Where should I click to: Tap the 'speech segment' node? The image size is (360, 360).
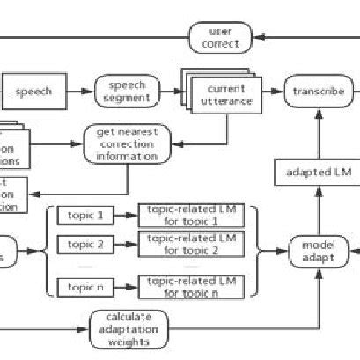coord(126,91)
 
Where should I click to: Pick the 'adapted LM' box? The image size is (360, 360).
coord(320,173)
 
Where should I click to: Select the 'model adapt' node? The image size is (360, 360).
coord(318,250)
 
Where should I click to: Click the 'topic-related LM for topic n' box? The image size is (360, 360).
coord(188,286)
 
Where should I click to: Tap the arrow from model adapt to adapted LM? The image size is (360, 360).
coord(319,211)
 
